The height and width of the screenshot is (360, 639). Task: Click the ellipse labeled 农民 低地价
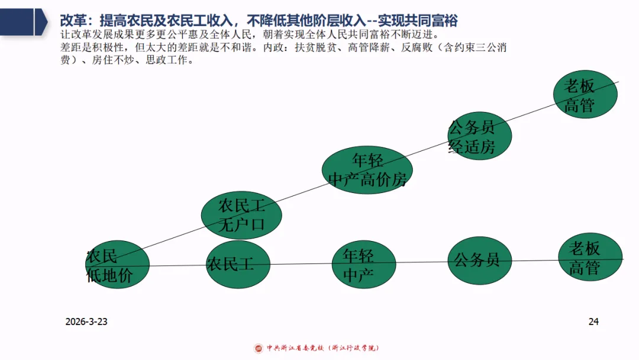(x=117, y=265)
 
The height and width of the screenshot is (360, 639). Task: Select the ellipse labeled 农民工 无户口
(x=241, y=215)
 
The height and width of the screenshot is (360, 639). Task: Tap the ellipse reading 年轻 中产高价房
(x=367, y=170)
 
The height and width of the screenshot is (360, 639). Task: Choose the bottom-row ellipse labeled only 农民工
(x=238, y=264)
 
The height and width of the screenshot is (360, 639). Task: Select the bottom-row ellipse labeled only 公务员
(x=479, y=261)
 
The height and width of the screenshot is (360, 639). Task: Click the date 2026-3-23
(x=86, y=322)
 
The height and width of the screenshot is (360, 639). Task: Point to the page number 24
(x=593, y=322)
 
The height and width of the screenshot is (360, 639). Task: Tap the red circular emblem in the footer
(x=259, y=348)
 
